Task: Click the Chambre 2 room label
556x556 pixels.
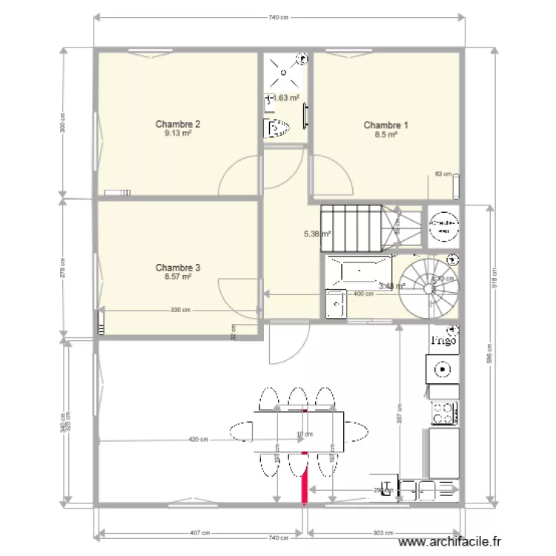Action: (177, 125)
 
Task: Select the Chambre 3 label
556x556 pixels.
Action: (177, 267)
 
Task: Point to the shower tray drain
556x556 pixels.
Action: (285, 72)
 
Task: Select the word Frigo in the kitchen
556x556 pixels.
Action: (443, 341)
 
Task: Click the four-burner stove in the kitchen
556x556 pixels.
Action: (443, 412)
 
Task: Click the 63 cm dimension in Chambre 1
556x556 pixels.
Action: (443, 174)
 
